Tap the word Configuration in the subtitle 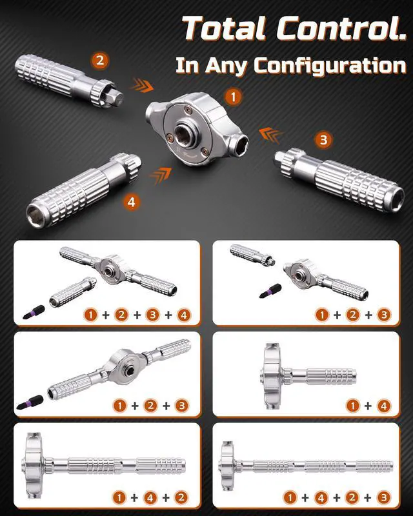click(330, 66)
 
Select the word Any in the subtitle click(226, 66)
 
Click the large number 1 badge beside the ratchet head click(234, 97)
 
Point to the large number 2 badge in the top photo click(100, 60)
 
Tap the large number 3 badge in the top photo click(323, 139)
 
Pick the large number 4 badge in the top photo click(131, 202)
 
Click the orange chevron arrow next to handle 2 click(141, 86)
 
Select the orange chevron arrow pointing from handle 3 click(270, 135)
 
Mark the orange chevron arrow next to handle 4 click(161, 175)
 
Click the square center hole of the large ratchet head click(181, 133)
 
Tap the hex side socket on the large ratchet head click(241, 141)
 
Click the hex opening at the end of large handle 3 click(397, 199)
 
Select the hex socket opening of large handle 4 click(36, 216)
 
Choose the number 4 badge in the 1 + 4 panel click(383, 406)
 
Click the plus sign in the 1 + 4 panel click(368, 406)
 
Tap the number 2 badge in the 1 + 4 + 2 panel click(181, 497)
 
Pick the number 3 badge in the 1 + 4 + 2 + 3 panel click(384, 497)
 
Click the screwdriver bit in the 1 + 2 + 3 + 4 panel click(34, 312)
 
